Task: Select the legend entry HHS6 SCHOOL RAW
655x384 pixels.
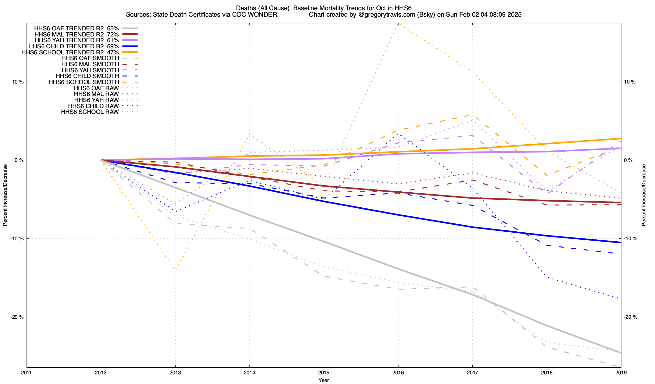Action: click(90, 112)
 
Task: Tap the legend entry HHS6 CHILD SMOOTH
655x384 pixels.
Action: click(87, 76)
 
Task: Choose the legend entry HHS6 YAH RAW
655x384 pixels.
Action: click(96, 100)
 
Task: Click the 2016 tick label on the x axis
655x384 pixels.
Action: click(398, 372)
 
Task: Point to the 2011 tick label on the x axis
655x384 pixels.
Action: click(27, 372)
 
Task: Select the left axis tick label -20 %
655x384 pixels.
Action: click(17, 317)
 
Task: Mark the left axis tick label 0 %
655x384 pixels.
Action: click(20, 160)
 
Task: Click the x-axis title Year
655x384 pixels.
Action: click(324, 380)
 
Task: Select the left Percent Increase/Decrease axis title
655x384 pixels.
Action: click(5, 195)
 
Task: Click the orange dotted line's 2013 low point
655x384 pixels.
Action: click(175, 269)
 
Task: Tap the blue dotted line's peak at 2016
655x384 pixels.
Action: click(398, 133)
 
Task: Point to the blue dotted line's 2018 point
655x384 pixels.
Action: click(547, 277)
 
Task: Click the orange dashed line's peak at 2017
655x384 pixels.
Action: click(472, 115)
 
